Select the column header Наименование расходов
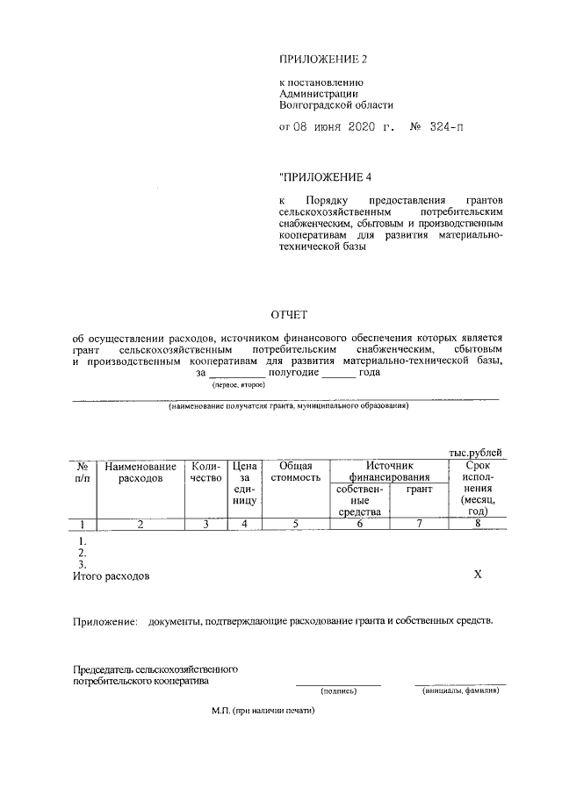[140, 473]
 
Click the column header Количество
[205, 473]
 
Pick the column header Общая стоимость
[295, 473]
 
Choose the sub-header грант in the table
[420, 490]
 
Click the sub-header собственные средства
[359, 500]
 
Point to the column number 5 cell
[295, 525]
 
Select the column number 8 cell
[478, 525]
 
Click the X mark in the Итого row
[479, 575]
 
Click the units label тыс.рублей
[480, 452]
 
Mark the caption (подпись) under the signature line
[338, 690]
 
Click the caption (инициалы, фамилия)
[460, 690]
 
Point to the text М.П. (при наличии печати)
[263, 712]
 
